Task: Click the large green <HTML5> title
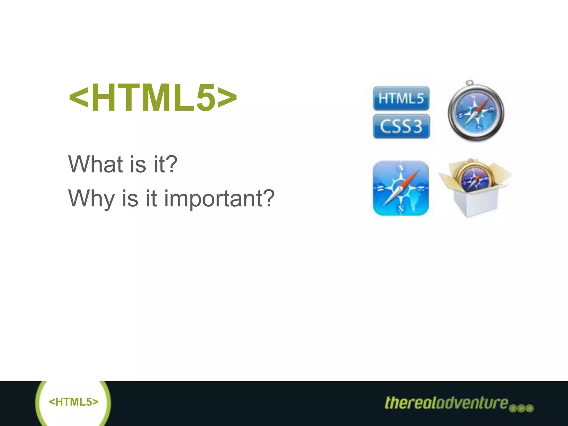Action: [153, 98]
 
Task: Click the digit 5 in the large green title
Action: [206, 98]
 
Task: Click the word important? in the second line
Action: [219, 199]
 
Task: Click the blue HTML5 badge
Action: [401, 98]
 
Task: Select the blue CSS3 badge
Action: [401, 126]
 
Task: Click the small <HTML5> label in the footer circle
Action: [73, 402]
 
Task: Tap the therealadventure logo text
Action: [447, 403]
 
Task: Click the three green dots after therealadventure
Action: [521, 408]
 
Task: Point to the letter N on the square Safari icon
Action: [401, 168]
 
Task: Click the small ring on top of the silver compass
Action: [470, 83]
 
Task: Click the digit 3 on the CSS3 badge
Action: [416, 126]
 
